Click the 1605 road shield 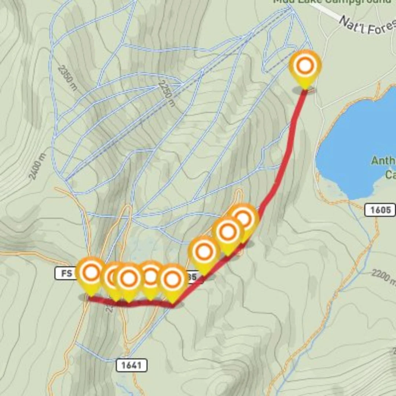(380, 210)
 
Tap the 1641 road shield (132, 365)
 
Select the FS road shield (65, 273)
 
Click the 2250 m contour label (166, 94)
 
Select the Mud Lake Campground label (332, 1)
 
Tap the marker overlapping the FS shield (91, 273)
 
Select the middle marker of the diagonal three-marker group (228, 232)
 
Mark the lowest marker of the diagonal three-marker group (204, 252)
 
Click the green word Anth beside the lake (384, 161)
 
